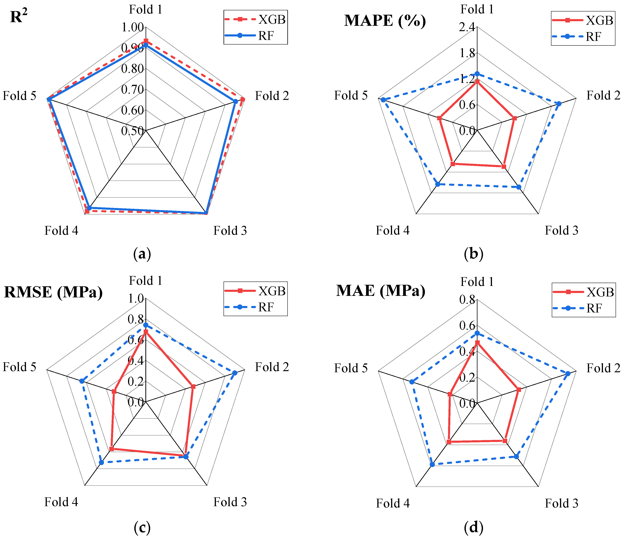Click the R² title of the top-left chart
tap(19, 17)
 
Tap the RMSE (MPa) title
tap(53, 292)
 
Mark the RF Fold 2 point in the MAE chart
tap(568, 374)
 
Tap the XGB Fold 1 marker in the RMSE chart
tap(146, 332)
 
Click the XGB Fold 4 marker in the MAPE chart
tap(453, 164)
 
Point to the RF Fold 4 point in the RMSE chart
tap(101, 462)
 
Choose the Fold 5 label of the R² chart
tap(19, 96)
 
